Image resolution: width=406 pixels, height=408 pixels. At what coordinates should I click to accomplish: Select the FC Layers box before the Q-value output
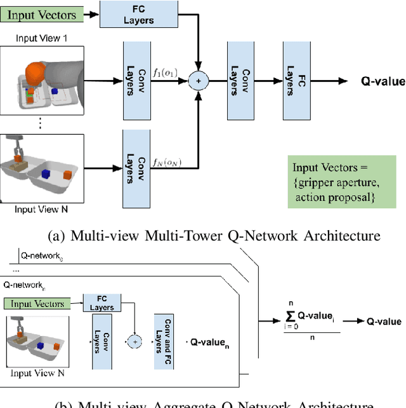click(291, 81)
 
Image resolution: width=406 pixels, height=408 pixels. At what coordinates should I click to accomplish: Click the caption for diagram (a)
click(214, 236)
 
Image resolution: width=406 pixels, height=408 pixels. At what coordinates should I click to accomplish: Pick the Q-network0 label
click(43, 256)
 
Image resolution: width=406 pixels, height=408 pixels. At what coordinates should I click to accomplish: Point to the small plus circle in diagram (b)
click(134, 341)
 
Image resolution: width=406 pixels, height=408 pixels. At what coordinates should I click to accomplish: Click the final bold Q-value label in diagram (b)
click(384, 321)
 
